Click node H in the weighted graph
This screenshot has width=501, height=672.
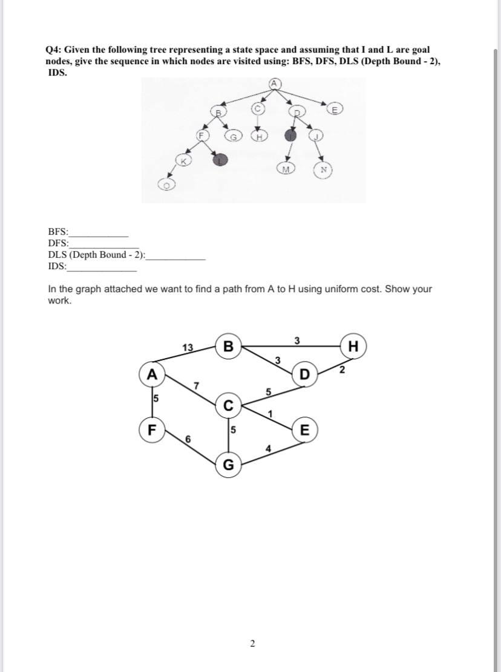(x=354, y=346)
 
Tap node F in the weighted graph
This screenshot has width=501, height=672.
(x=152, y=431)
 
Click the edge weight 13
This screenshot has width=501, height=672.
(x=188, y=347)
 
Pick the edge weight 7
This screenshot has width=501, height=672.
(x=195, y=385)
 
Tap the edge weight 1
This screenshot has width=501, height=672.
(x=271, y=414)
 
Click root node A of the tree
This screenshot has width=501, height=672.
(x=273, y=83)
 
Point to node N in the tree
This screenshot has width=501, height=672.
(x=323, y=170)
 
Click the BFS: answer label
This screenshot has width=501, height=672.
(x=58, y=231)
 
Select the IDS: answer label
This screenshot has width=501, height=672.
(x=57, y=266)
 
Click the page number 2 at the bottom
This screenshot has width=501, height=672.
(x=252, y=643)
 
